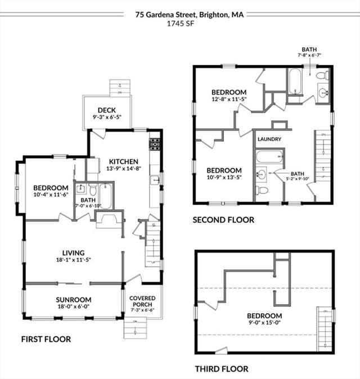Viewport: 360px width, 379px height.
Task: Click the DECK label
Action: point(107,110)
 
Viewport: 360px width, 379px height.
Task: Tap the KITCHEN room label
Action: point(124,162)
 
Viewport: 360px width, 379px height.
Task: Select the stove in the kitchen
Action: point(155,145)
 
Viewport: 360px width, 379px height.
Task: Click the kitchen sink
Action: point(155,181)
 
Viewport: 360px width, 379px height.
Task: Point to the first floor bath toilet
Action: point(93,190)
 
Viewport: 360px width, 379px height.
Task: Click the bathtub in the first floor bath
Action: point(106,196)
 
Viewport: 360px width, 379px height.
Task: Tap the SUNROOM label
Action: point(74,300)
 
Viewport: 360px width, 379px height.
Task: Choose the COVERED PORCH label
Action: point(142,301)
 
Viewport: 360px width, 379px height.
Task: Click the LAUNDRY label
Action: point(269,139)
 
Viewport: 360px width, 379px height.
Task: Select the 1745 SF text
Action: point(181,24)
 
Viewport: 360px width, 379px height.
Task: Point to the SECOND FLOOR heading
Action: point(223,220)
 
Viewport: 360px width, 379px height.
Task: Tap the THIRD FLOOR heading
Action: point(222,369)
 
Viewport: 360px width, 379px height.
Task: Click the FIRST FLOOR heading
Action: point(46,340)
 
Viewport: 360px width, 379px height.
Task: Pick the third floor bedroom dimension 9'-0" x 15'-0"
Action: point(264,322)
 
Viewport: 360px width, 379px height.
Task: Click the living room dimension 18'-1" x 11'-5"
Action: point(74,260)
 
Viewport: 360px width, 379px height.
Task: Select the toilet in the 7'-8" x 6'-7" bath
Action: point(322,75)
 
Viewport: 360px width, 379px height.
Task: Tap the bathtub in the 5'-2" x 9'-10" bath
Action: point(269,157)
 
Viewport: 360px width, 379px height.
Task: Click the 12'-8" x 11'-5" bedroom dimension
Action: point(229,99)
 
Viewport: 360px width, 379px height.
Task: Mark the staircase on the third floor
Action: point(325,329)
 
